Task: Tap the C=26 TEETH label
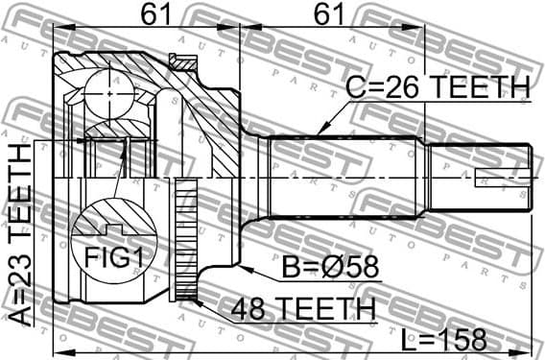coord(436,88)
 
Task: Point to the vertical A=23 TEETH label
coord(20,236)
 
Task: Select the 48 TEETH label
coord(302,308)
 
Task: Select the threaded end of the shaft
coord(478,179)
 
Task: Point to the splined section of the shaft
coord(345,179)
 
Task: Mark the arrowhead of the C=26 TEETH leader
coord(318,132)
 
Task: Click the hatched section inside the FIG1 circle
coord(115,216)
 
